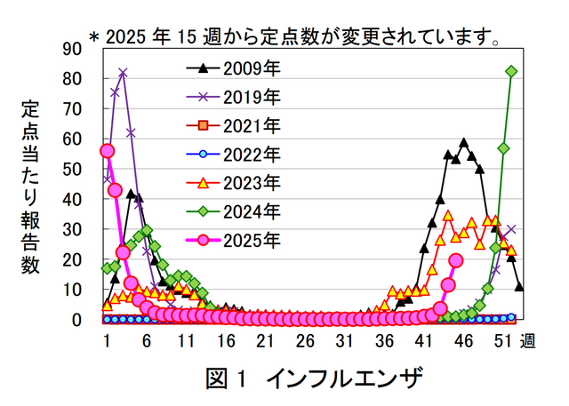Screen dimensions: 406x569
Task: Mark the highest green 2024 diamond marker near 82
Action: tap(511, 71)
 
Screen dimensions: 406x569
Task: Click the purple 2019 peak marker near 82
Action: tap(123, 73)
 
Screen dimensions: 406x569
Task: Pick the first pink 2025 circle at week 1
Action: tap(108, 151)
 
